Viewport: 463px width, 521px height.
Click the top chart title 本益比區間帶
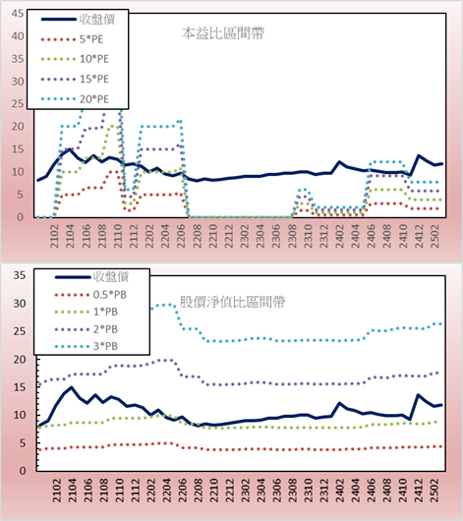[x=223, y=33]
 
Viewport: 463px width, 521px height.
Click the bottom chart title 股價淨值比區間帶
[x=232, y=302]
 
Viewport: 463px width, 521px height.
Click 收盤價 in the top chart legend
[x=97, y=20]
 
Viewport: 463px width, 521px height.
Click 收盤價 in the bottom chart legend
[x=111, y=276]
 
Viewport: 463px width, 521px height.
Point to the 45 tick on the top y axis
[x=18, y=14]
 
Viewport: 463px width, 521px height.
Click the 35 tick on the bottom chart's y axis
[x=20, y=275]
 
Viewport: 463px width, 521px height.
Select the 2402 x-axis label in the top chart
[x=340, y=236]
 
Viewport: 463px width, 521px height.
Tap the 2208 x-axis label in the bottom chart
[x=199, y=491]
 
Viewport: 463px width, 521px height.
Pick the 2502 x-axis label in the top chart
[x=435, y=236]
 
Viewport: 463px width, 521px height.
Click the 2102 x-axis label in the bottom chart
[x=57, y=491]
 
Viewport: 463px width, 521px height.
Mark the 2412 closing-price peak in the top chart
[x=419, y=155]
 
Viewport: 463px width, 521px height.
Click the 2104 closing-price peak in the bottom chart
[x=71, y=387]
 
